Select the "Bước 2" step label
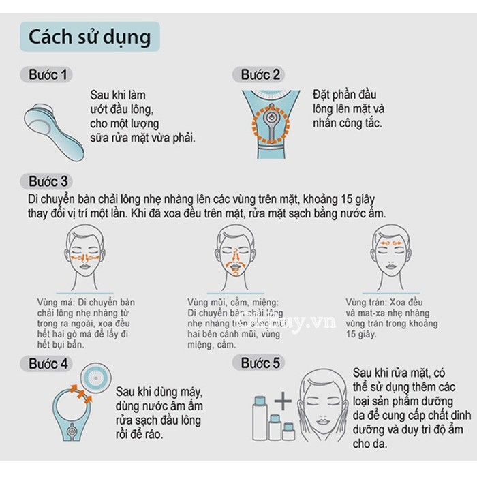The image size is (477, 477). click(x=260, y=74)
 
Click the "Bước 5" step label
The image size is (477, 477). click(x=260, y=363)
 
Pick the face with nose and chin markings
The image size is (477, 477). click(x=235, y=252)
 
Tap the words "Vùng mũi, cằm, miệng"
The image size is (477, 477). click(x=233, y=302)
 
